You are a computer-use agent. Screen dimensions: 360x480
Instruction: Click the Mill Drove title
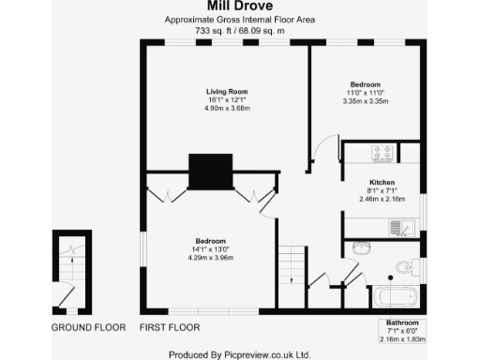click(239, 7)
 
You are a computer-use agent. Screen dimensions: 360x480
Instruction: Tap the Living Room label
click(226, 91)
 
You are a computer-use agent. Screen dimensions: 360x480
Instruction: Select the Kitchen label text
click(381, 181)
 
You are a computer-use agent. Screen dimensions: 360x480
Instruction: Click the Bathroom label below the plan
click(405, 322)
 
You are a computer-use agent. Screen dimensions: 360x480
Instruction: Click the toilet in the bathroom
click(403, 267)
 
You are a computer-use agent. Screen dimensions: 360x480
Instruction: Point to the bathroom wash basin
click(362, 248)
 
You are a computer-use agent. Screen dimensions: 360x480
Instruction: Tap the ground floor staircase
click(70, 272)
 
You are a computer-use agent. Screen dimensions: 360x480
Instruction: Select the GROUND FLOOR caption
click(88, 328)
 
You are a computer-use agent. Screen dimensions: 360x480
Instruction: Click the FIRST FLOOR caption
click(170, 328)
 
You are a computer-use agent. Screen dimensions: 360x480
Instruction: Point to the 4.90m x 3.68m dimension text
click(226, 108)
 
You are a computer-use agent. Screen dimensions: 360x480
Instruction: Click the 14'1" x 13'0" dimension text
click(209, 248)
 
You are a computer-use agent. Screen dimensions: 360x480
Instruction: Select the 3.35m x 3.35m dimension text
click(366, 100)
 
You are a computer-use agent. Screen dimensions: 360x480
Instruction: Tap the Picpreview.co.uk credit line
click(239, 354)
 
